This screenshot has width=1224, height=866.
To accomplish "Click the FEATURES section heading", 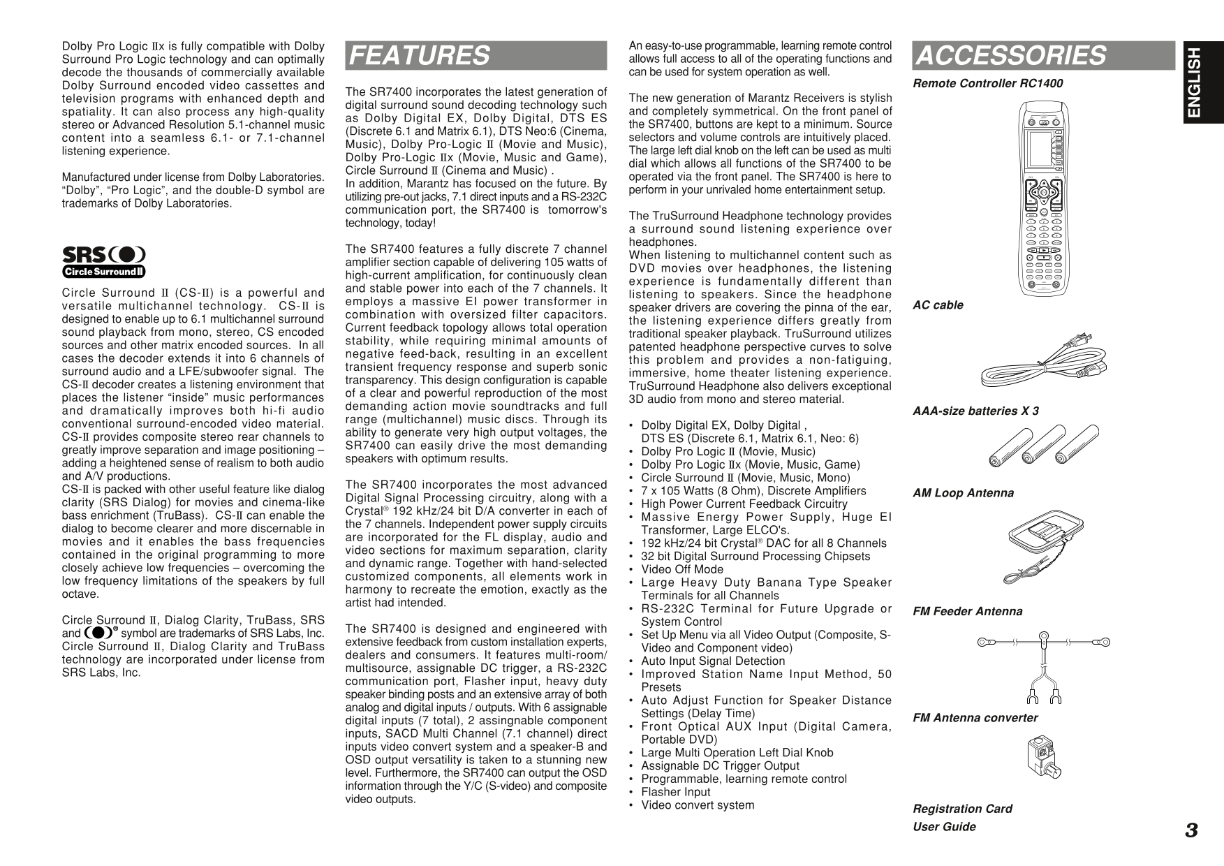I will [x=419, y=55].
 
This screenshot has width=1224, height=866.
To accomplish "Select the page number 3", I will [x=1191, y=830].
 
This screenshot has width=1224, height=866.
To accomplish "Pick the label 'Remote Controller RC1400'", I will [x=987, y=84].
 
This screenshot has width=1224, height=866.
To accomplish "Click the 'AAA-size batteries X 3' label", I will [x=975, y=411].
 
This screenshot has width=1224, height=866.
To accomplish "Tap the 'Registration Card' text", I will [x=962, y=809].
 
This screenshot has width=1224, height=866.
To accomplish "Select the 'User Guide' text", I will [x=944, y=827].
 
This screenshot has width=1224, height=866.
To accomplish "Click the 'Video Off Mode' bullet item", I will [x=681, y=569].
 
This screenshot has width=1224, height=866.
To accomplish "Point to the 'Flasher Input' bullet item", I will [x=675, y=792].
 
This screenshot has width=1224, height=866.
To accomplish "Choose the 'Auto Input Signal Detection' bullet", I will [x=712, y=661].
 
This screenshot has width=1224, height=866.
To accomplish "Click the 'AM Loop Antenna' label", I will [x=963, y=493].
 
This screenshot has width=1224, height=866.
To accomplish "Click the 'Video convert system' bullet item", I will [x=697, y=805].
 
